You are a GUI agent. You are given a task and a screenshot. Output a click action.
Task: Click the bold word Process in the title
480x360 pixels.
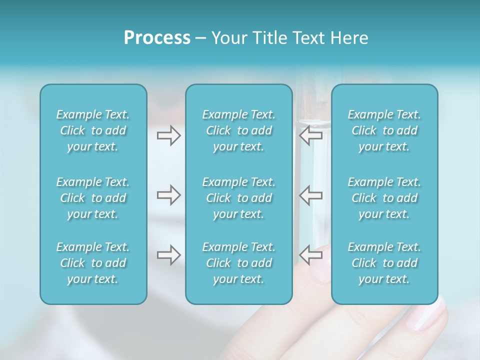(157, 38)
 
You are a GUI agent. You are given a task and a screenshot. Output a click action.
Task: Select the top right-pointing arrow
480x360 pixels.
(168, 135)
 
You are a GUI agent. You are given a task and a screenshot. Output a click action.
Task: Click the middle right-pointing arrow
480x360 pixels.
(168, 195)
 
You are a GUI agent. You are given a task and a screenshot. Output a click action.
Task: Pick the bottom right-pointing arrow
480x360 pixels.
(168, 255)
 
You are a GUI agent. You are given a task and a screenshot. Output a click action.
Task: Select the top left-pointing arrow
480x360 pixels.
(310, 135)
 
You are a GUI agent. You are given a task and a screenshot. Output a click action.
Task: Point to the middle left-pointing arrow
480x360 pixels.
(310, 195)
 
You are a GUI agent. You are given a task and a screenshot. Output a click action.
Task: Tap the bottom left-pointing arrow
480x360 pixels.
(310, 255)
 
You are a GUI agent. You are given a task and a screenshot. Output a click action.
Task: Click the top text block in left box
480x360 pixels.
(93, 130)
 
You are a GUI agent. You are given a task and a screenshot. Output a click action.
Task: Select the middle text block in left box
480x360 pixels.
(93, 198)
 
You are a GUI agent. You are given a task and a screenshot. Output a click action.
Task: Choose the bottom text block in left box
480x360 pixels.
(93, 263)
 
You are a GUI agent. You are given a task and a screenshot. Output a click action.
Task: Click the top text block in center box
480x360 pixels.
(238, 130)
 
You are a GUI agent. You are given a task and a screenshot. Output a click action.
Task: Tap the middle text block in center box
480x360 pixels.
(238, 198)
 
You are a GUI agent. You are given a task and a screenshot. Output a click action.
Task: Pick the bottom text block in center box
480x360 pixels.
(238, 263)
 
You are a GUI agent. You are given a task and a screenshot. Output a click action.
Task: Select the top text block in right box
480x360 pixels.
(384, 130)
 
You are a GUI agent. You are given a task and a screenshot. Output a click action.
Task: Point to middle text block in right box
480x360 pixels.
(384, 198)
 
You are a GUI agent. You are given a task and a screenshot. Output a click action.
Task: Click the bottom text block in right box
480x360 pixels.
(384, 263)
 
